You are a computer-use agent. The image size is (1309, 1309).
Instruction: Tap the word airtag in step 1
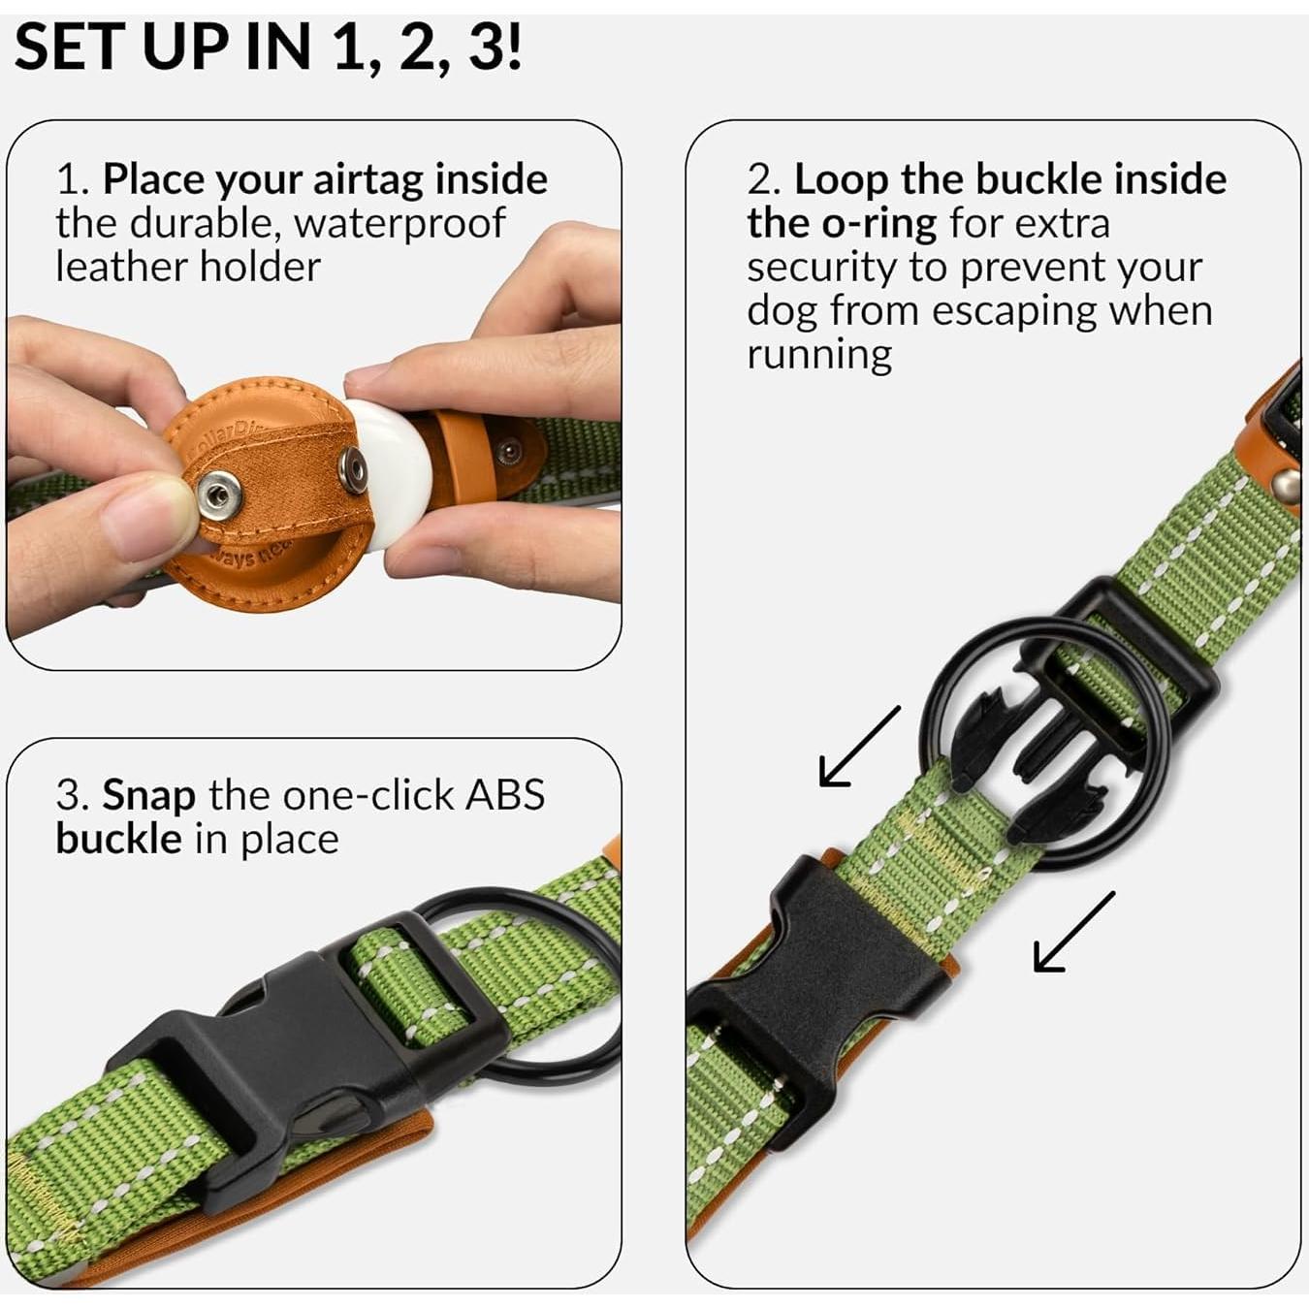[x=367, y=180]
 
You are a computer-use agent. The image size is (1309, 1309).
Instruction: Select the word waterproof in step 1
[x=399, y=224]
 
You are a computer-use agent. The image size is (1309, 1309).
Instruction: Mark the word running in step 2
[x=818, y=355]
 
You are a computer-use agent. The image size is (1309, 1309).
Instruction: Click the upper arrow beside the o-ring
[x=859, y=746]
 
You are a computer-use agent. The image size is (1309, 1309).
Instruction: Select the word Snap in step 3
[x=149, y=796]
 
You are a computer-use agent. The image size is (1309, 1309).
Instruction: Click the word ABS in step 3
[x=505, y=796]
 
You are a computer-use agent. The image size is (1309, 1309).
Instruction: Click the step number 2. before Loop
[x=764, y=180]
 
